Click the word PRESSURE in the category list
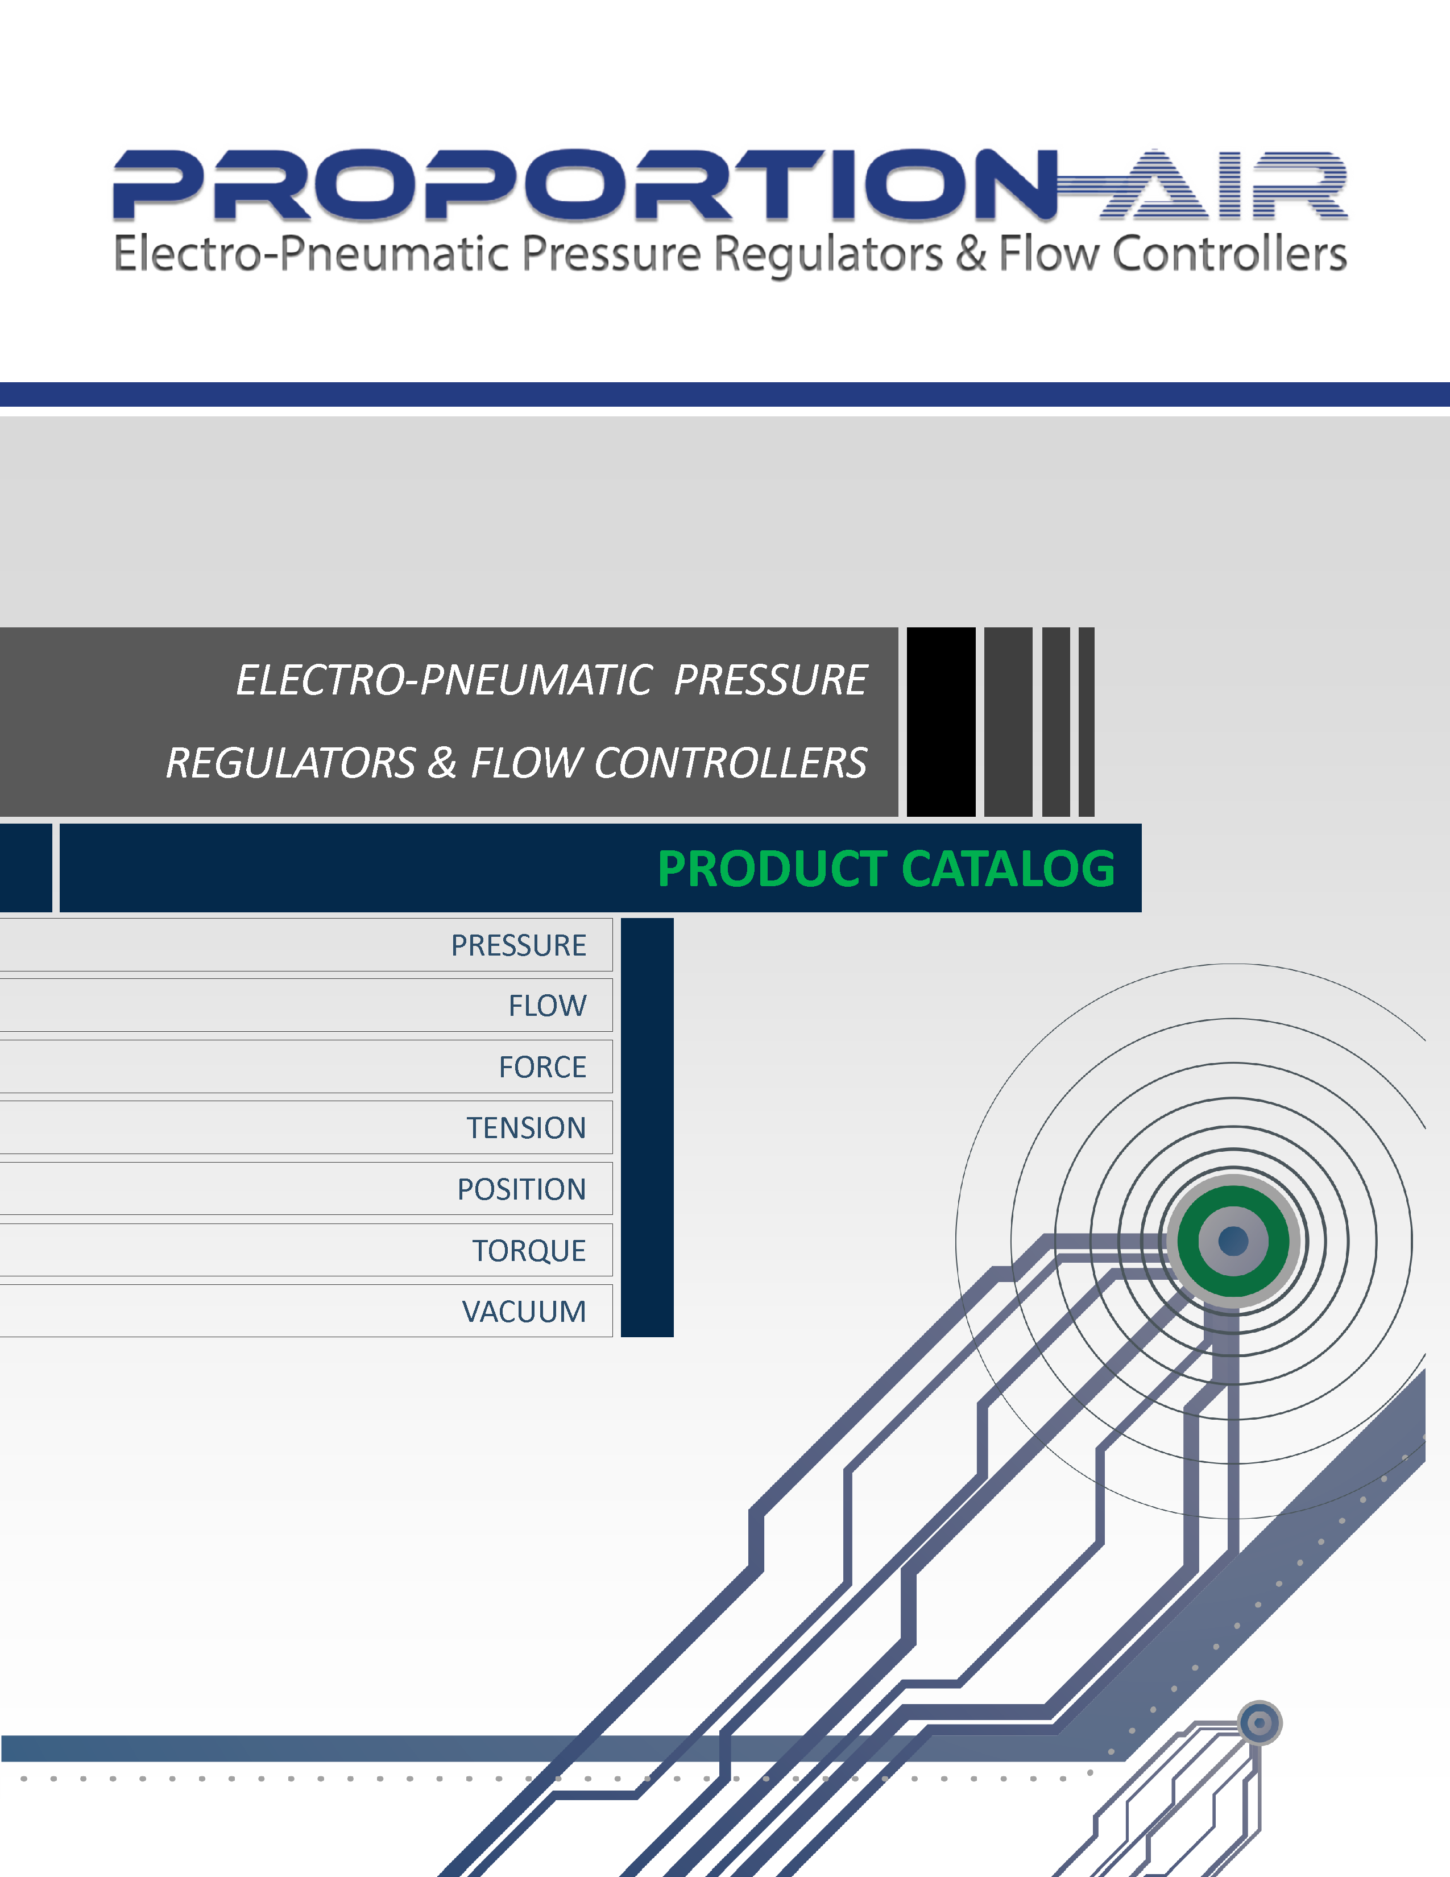[x=518, y=945]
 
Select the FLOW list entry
[x=547, y=1006]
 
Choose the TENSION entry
[x=526, y=1127]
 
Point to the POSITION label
[x=521, y=1189]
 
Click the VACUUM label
[x=524, y=1312]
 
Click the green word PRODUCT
[x=772, y=869]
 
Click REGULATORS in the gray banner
[x=291, y=763]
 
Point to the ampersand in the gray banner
[x=442, y=763]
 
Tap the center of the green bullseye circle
[x=1233, y=1241]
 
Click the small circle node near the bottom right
[x=1260, y=1723]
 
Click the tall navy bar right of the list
[x=647, y=1127]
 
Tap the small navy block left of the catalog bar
[x=26, y=867]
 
